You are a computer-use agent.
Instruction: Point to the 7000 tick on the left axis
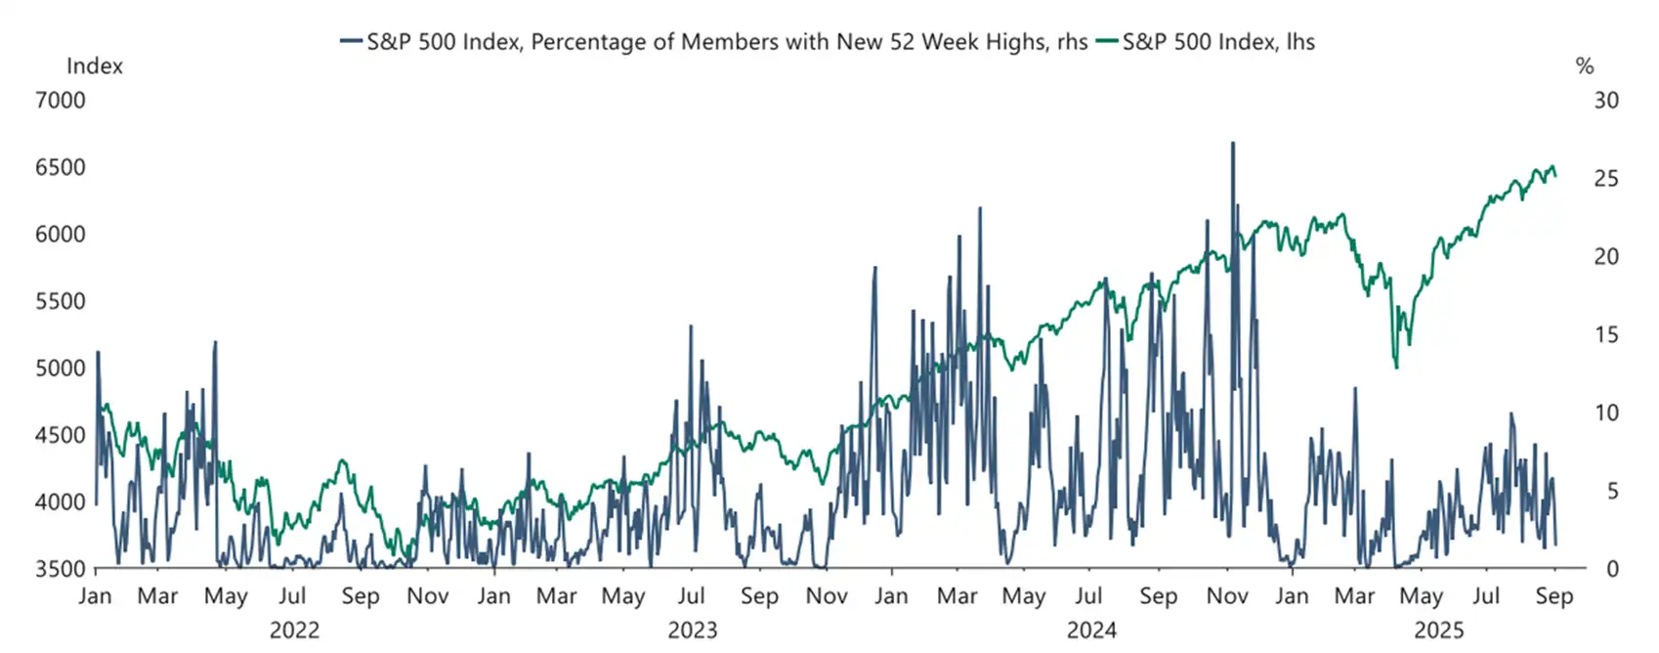pyautogui.click(x=61, y=101)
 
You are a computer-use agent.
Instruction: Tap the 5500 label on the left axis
pyautogui.click(x=61, y=301)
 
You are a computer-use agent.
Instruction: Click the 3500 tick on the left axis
pyautogui.click(x=61, y=569)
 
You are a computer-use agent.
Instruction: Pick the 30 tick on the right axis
pyautogui.click(x=1606, y=101)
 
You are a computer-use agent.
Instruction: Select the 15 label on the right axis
pyautogui.click(x=1606, y=334)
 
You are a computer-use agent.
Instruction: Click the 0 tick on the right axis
pyautogui.click(x=1612, y=569)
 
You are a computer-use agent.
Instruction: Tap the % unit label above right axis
pyautogui.click(x=1585, y=66)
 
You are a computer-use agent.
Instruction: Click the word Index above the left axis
pyautogui.click(x=95, y=66)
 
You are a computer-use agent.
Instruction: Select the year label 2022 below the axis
pyautogui.click(x=294, y=631)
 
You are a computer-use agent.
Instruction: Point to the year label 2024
pyautogui.click(x=1091, y=631)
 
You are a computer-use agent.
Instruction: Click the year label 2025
pyautogui.click(x=1439, y=631)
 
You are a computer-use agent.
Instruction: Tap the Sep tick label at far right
pyautogui.click(x=1553, y=596)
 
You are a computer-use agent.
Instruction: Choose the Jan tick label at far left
pyautogui.click(x=95, y=596)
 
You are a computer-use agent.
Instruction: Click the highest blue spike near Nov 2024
pyautogui.click(x=1232, y=144)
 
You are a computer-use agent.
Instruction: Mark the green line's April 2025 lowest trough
pyautogui.click(x=1396, y=368)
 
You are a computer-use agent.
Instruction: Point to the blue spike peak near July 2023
pyautogui.click(x=691, y=326)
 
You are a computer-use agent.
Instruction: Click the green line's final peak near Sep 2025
pyautogui.click(x=1553, y=166)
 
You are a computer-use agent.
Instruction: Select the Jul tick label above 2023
pyautogui.click(x=691, y=596)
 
